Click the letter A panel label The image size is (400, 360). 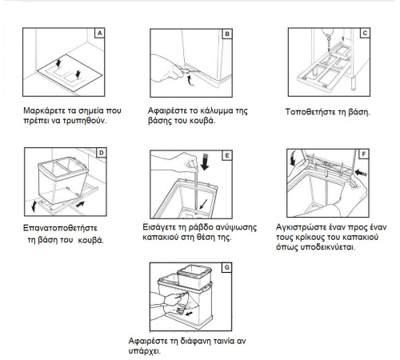click(99, 34)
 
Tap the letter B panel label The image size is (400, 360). click(227, 34)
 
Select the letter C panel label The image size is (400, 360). click(365, 33)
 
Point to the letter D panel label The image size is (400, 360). click(102, 153)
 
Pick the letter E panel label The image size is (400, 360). click(227, 155)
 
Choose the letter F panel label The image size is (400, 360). click(364, 154)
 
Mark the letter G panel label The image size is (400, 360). click(226, 267)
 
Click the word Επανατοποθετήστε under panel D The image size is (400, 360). click(60, 228)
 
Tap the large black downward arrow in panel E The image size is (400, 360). click(205, 162)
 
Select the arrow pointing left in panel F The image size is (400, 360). click(361, 173)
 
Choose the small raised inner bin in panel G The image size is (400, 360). click(194, 277)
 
